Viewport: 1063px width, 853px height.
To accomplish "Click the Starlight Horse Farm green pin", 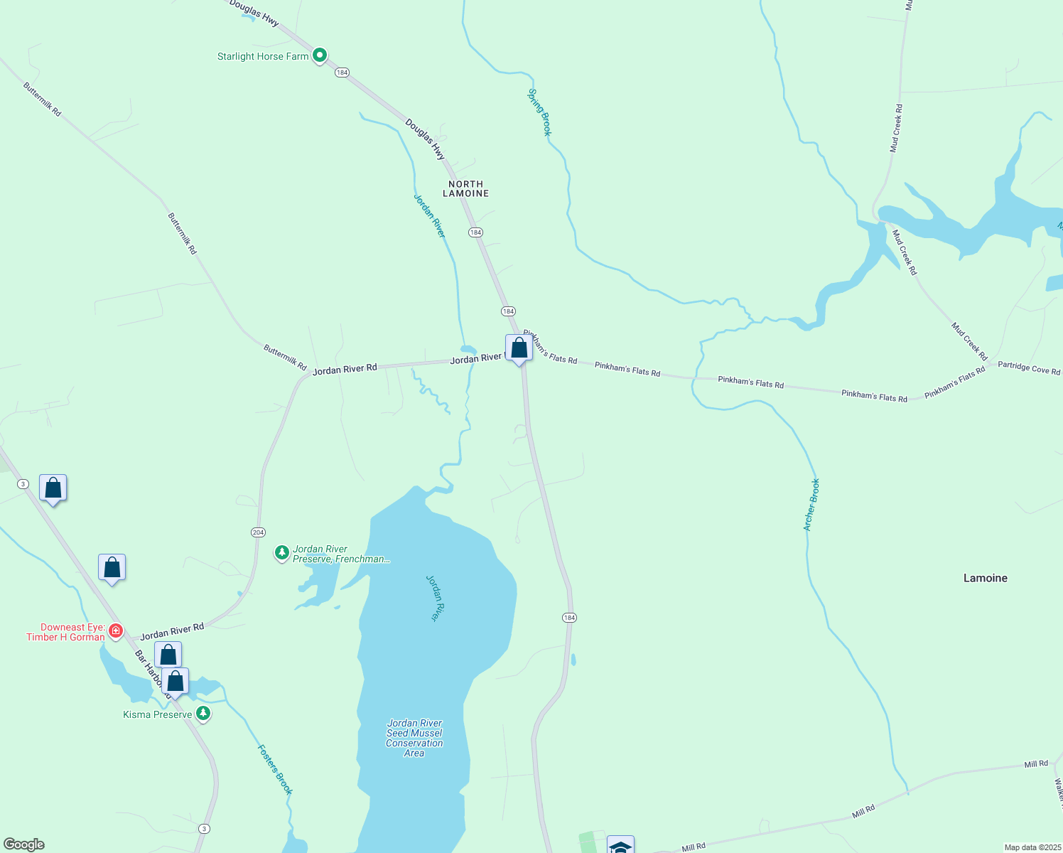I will [320, 55].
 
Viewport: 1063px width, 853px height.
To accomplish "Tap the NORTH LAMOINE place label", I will [465, 188].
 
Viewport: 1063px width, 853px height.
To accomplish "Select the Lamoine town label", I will [985, 578].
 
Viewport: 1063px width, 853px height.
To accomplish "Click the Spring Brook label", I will [539, 112].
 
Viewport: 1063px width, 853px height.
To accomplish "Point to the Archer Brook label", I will [811, 505].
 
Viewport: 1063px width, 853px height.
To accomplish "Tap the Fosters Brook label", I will [275, 769].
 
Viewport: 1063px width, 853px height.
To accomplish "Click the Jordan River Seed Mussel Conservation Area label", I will [414, 738].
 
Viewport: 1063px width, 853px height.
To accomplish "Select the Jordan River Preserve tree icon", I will [282, 552].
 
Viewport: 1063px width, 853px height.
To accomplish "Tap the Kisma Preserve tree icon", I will [203, 714].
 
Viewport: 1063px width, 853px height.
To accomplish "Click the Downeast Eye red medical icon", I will [116, 631].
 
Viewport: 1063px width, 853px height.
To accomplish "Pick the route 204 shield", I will [258, 532].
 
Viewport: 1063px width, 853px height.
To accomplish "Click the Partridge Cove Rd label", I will [1028, 368].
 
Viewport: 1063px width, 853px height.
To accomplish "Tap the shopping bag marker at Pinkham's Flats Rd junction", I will [519, 348].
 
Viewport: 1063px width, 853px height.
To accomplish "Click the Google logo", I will [24, 844].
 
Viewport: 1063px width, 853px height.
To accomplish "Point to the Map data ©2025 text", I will [1032, 847].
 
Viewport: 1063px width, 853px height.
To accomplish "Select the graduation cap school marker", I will [620, 846].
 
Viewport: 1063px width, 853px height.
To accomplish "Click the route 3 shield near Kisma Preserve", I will [205, 829].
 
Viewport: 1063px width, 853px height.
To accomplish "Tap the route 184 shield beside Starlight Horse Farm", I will [342, 73].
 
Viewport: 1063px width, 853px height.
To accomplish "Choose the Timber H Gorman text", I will [65, 637].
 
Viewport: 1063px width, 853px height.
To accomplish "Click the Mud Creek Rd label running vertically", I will [896, 129].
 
